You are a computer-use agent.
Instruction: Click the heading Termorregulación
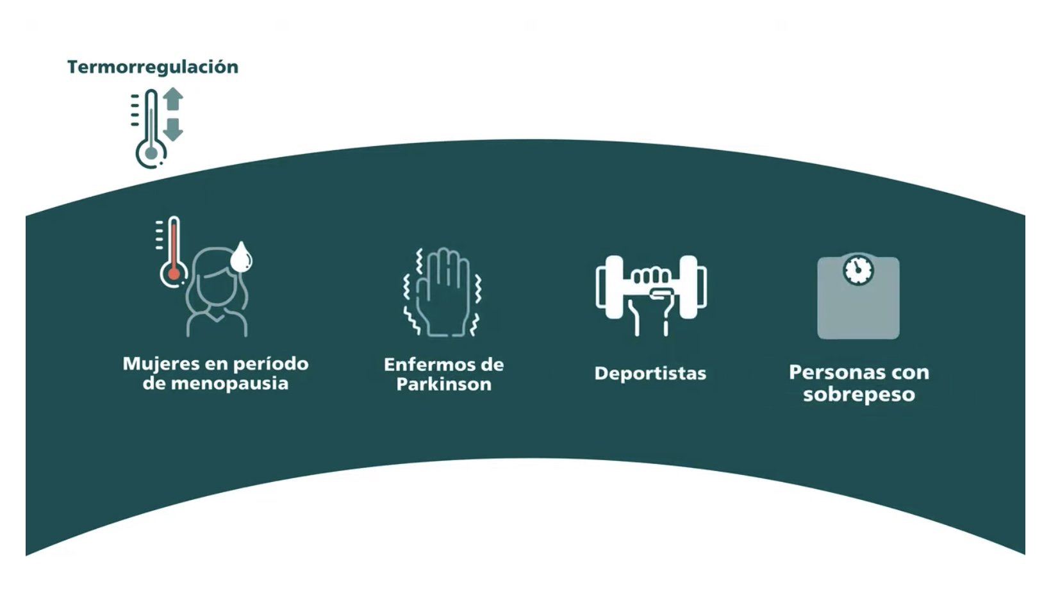click(x=153, y=67)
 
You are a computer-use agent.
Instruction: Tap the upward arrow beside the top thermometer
click(x=173, y=99)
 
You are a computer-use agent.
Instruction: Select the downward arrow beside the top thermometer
click(x=173, y=129)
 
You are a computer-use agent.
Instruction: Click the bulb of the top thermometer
click(x=151, y=153)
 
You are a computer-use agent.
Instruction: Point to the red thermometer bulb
click(x=174, y=274)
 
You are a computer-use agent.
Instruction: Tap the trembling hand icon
click(x=443, y=292)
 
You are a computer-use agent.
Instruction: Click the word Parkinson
click(x=444, y=385)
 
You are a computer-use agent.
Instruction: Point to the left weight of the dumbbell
click(x=610, y=287)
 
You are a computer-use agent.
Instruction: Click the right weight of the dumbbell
click(x=693, y=287)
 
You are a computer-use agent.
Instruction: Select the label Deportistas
click(x=650, y=374)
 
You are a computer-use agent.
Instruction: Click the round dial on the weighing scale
click(x=858, y=270)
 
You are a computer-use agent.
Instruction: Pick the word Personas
click(x=830, y=372)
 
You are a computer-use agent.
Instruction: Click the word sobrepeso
click(x=859, y=395)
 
